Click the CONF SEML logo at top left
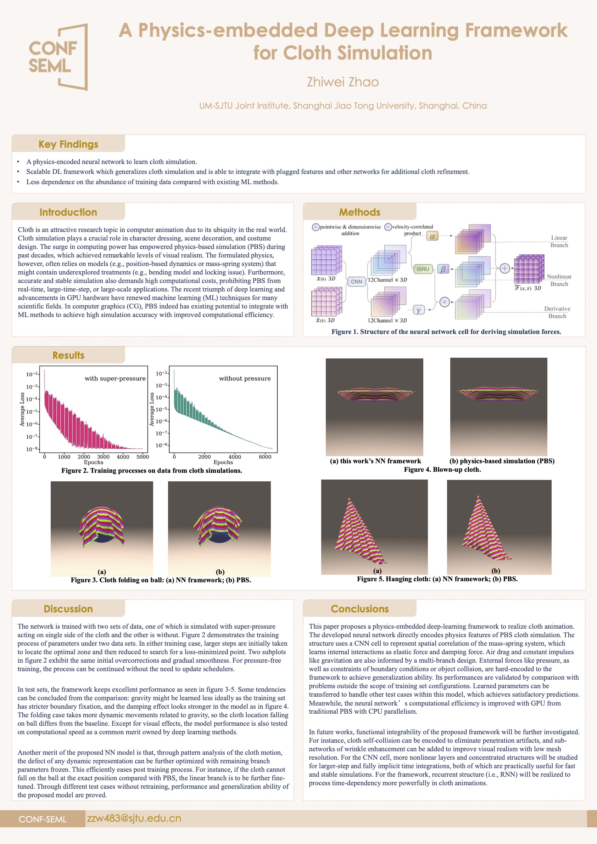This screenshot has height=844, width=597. [58, 57]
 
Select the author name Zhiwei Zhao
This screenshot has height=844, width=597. [343, 82]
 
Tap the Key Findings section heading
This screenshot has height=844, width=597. [68, 144]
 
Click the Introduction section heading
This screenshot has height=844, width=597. [68, 212]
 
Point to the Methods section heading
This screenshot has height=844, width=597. [359, 212]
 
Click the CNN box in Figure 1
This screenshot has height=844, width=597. [356, 282]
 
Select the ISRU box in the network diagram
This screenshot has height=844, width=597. [423, 269]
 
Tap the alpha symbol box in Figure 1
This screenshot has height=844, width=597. [433, 237]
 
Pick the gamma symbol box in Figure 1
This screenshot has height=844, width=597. [419, 310]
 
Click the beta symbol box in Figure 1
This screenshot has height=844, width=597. [443, 269]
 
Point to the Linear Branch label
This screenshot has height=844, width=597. [559, 242]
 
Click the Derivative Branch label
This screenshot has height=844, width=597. [557, 312]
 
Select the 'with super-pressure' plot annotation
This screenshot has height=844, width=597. [115, 379]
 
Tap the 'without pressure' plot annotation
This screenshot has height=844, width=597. [245, 379]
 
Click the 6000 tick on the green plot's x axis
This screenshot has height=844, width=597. [265, 457]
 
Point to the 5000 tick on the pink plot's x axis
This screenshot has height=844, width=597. [143, 457]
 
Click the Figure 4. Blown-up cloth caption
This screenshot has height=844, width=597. [442, 469]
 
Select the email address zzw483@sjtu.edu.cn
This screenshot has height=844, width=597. [134, 818]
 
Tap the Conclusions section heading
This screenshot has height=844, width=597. [359, 609]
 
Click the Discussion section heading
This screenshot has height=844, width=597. [68, 609]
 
